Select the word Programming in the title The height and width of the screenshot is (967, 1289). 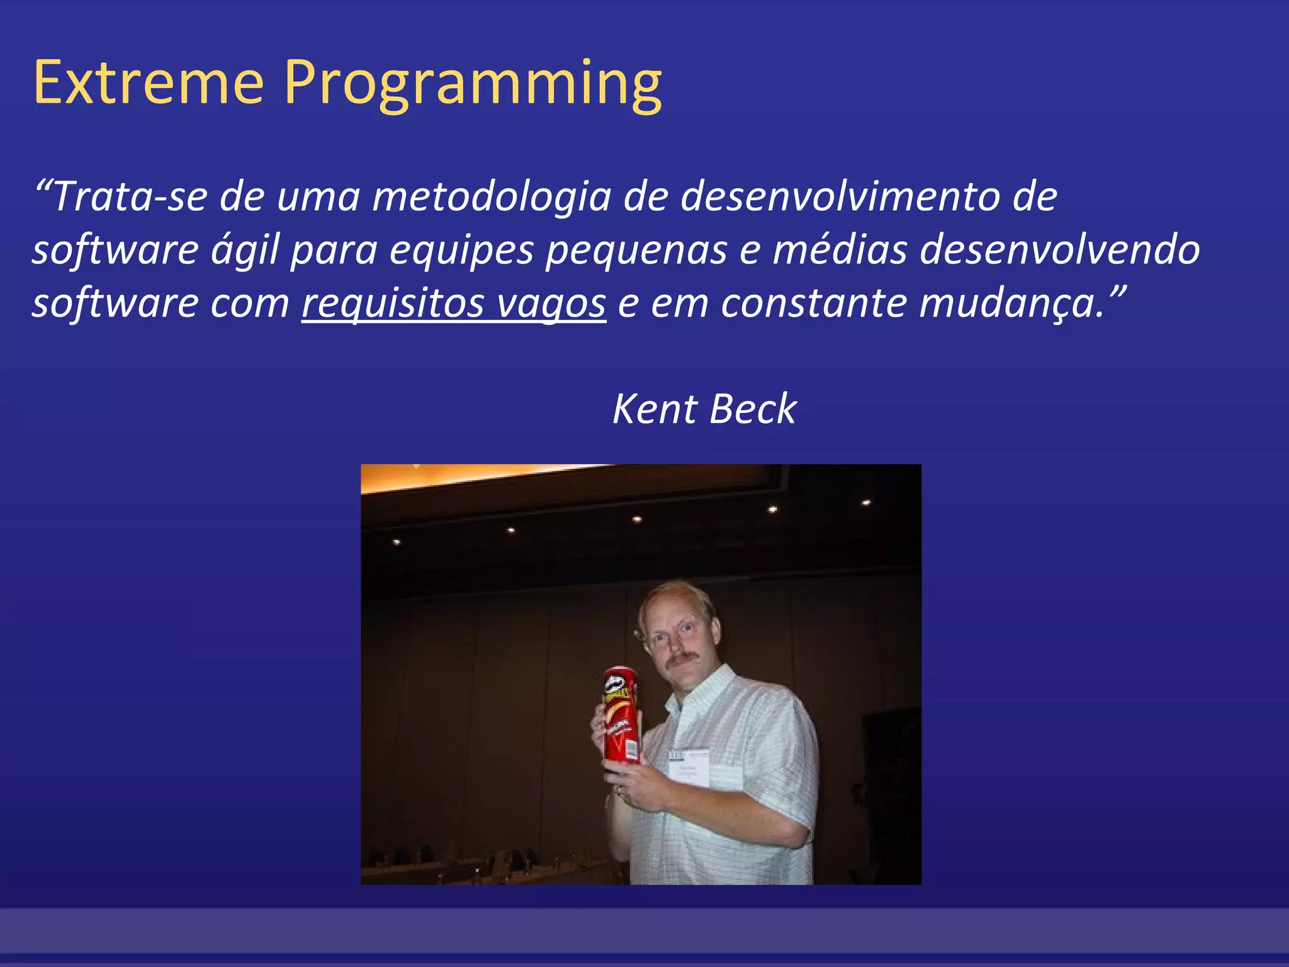click(x=473, y=83)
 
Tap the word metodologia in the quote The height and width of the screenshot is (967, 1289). click(x=492, y=196)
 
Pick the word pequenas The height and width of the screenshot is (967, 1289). click(x=636, y=250)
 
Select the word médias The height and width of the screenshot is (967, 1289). click(x=840, y=250)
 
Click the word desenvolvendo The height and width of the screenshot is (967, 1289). click(x=1060, y=250)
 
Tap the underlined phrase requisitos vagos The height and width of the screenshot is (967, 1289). click(x=454, y=303)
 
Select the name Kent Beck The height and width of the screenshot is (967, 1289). click(x=704, y=409)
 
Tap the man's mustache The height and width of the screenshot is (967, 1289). click(x=682, y=658)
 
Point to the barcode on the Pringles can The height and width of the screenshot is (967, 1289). click(x=631, y=749)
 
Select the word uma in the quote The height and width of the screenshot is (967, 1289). click(x=318, y=196)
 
